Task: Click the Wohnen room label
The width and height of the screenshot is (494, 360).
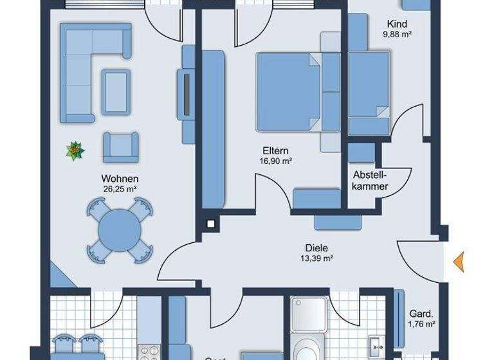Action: [x=120, y=178]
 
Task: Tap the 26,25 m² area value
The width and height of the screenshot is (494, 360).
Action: [x=120, y=188]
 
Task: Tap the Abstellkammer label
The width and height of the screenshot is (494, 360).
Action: [x=370, y=180]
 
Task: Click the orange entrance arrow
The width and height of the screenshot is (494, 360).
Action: [x=459, y=262]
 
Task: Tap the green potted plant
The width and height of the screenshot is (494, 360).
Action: [x=75, y=151]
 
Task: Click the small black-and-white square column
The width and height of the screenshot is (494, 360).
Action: [x=210, y=224]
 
